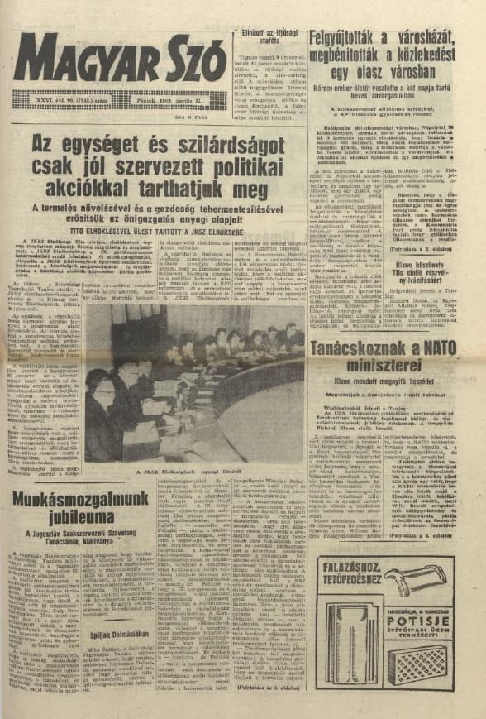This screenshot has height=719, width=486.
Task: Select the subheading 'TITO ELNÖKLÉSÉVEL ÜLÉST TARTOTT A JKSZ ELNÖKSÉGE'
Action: point(155,232)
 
